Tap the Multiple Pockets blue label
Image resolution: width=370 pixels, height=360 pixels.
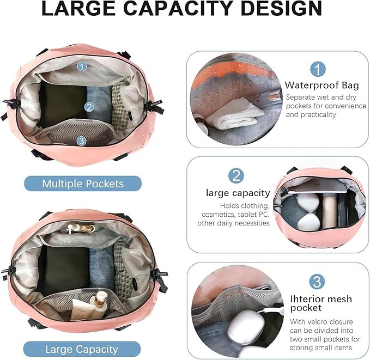pyautogui.click(x=83, y=184)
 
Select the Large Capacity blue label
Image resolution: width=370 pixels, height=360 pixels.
pyautogui.click(x=82, y=349)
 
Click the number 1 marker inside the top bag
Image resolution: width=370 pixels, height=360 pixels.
pyautogui.click(x=82, y=66)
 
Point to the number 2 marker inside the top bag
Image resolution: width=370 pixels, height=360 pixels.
pyautogui.click(x=89, y=107)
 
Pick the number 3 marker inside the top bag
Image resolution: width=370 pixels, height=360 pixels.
pyautogui.click(x=81, y=141)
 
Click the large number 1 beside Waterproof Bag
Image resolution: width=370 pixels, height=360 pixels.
pyautogui.click(x=318, y=69)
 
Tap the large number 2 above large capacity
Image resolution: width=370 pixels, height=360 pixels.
pyautogui.click(x=236, y=176)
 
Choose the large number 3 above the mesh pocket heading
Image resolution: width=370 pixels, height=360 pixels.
pyautogui.click(x=317, y=282)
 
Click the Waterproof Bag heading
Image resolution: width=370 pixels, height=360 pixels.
pyautogui.click(x=322, y=85)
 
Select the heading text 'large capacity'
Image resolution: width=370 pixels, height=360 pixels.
pyautogui.click(x=238, y=193)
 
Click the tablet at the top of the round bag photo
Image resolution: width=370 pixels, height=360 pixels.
pyautogui.click(x=317, y=186)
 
